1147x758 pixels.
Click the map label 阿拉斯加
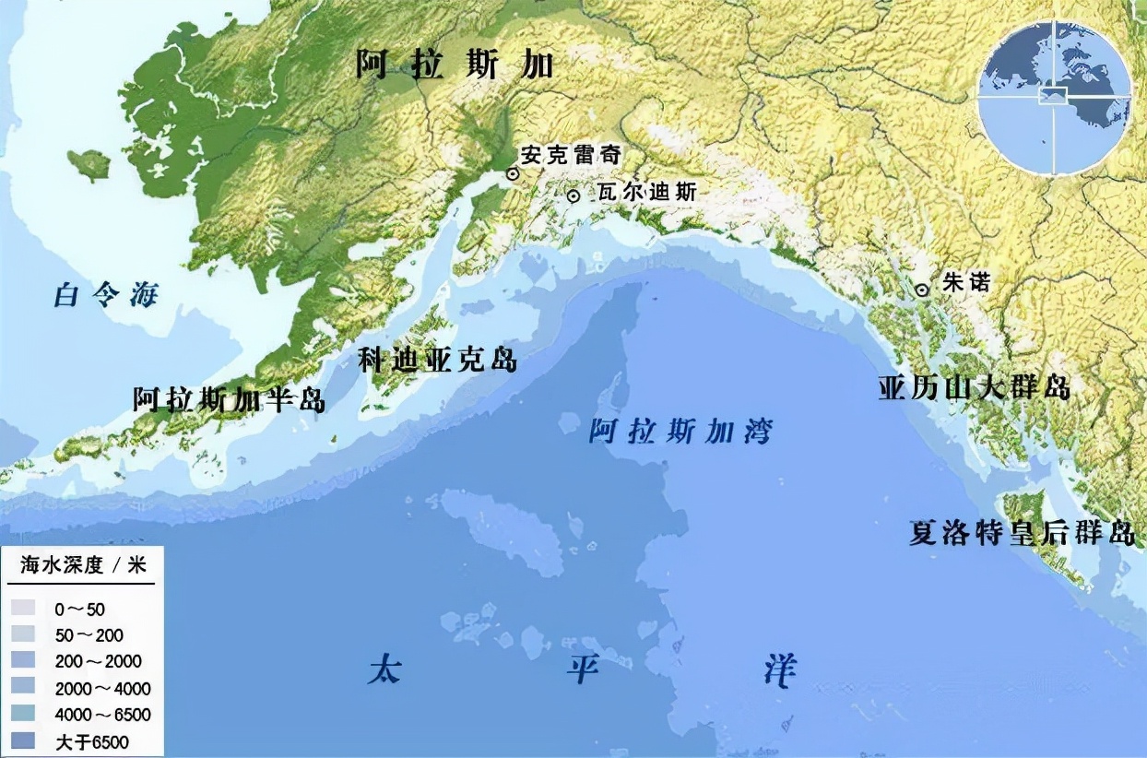pos(455,65)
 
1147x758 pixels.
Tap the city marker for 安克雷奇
pos(512,172)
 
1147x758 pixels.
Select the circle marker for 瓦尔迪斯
pos(573,195)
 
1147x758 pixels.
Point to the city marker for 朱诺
pos(922,290)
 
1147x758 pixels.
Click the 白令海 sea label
pos(106,295)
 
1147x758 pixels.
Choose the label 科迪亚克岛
pos(438,360)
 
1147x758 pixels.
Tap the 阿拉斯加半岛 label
pos(229,399)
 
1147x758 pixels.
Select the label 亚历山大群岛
pos(974,387)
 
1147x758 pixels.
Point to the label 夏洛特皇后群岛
pos(1022,534)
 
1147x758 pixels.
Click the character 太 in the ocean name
pos(384,669)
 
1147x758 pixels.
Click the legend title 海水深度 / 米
pos(83,565)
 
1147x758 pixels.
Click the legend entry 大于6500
pos(92,741)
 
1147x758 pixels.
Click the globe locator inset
pos(1054,97)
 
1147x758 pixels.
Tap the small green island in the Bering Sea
pos(89,164)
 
